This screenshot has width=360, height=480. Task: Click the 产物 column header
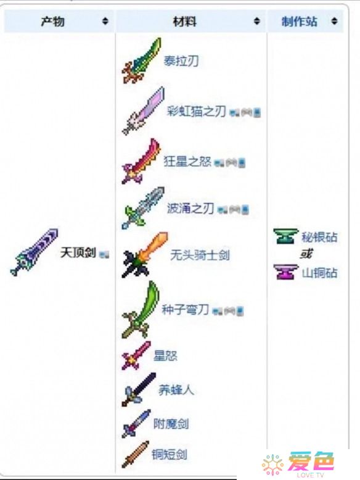coord(52,22)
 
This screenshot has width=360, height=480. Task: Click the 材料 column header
coord(185,22)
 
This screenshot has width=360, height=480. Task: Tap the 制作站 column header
coord(299,22)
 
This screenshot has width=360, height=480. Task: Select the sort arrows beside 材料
coord(257,21)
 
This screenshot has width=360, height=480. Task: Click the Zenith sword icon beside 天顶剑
coord(35,252)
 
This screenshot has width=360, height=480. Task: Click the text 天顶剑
coord(78,253)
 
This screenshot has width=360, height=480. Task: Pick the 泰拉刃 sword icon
coord(141,60)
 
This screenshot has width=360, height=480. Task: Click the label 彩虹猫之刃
coord(197,111)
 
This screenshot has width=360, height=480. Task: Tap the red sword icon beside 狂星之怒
coord(141,161)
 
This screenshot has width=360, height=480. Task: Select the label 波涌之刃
coord(190,209)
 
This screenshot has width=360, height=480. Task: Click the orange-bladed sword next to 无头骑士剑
coord(145,255)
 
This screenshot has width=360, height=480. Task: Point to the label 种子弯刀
coord(185,310)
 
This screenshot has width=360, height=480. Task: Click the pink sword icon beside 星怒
coord(136,355)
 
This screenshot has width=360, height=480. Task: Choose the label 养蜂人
coord(176,390)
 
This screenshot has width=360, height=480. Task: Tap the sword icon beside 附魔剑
coord(136,423)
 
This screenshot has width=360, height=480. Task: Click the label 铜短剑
coord(170,454)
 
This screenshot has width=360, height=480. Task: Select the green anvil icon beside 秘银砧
coord(285,236)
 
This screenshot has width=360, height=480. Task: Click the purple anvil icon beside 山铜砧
coord(285,272)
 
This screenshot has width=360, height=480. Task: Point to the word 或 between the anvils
coord(306,254)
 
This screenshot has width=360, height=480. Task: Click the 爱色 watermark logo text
coord(311,461)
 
